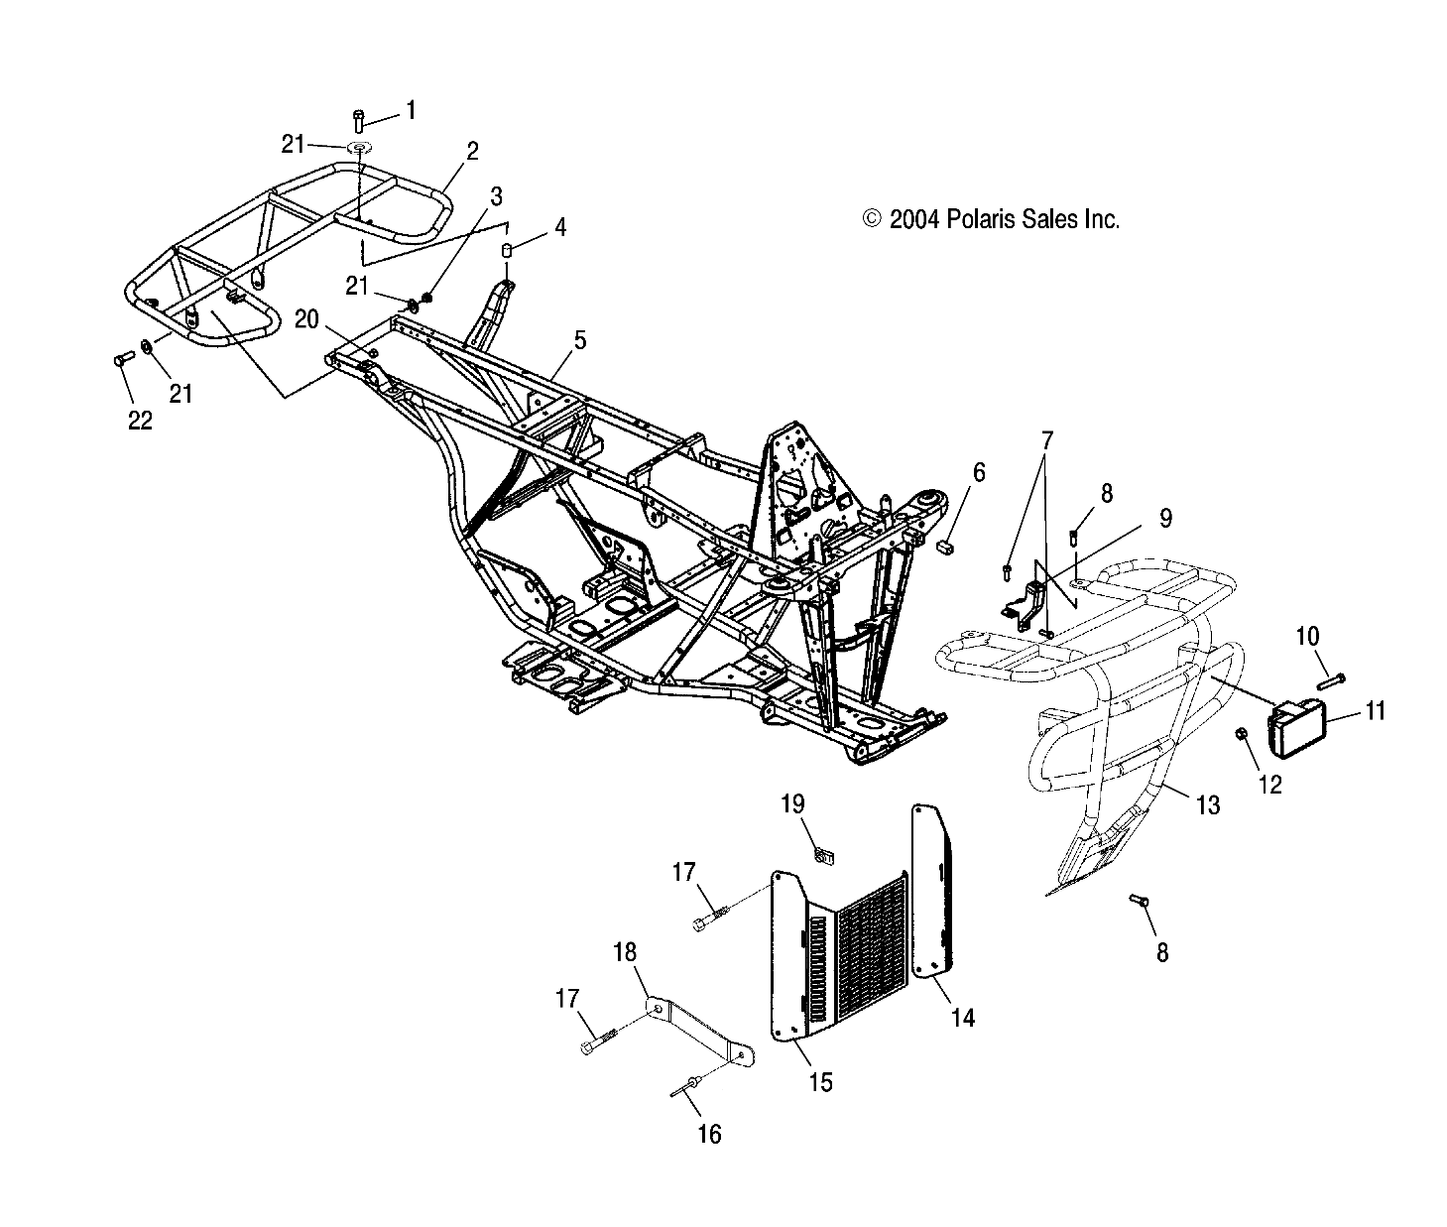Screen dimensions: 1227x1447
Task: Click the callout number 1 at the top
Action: pos(412,109)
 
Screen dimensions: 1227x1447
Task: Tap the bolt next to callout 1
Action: pos(359,120)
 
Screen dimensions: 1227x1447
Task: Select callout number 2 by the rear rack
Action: pos(472,151)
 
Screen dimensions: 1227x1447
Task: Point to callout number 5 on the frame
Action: pos(579,340)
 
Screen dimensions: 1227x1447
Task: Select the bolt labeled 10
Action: pos(1330,681)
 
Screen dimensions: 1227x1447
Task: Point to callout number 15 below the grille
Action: pos(820,1080)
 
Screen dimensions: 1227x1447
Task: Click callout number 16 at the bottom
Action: pos(710,1133)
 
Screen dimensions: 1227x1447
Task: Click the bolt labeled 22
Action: pos(123,360)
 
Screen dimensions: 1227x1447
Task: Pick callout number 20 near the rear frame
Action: pos(307,318)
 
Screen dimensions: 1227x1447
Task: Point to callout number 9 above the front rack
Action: pos(1165,518)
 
